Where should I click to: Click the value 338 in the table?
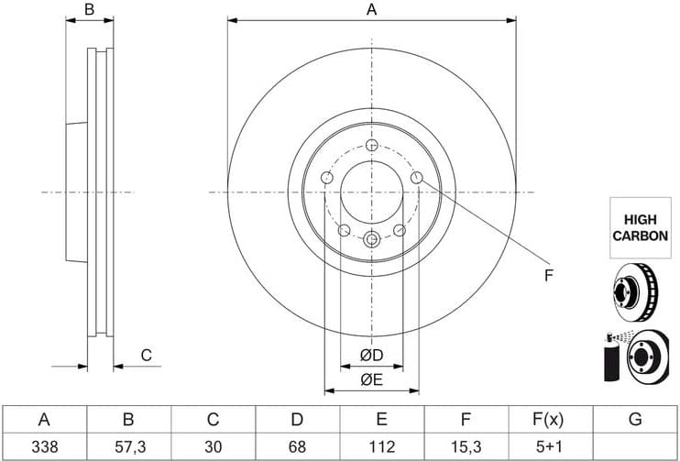click(x=43, y=446)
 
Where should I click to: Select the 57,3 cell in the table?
click(x=128, y=446)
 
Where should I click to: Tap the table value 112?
click(x=381, y=446)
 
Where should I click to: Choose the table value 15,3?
click(x=466, y=446)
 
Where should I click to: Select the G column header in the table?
click(x=634, y=421)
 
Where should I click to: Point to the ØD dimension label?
click(x=371, y=355)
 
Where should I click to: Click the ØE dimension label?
click(x=371, y=379)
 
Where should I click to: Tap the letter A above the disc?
click(x=371, y=10)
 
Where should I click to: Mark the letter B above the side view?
click(x=90, y=10)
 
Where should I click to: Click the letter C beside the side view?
click(x=145, y=356)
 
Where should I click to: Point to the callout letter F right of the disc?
click(x=548, y=275)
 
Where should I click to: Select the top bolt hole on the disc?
click(x=371, y=146)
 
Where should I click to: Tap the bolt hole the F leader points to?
click(x=416, y=178)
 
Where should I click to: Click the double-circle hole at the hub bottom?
click(x=371, y=239)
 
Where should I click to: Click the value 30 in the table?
click(x=213, y=446)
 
